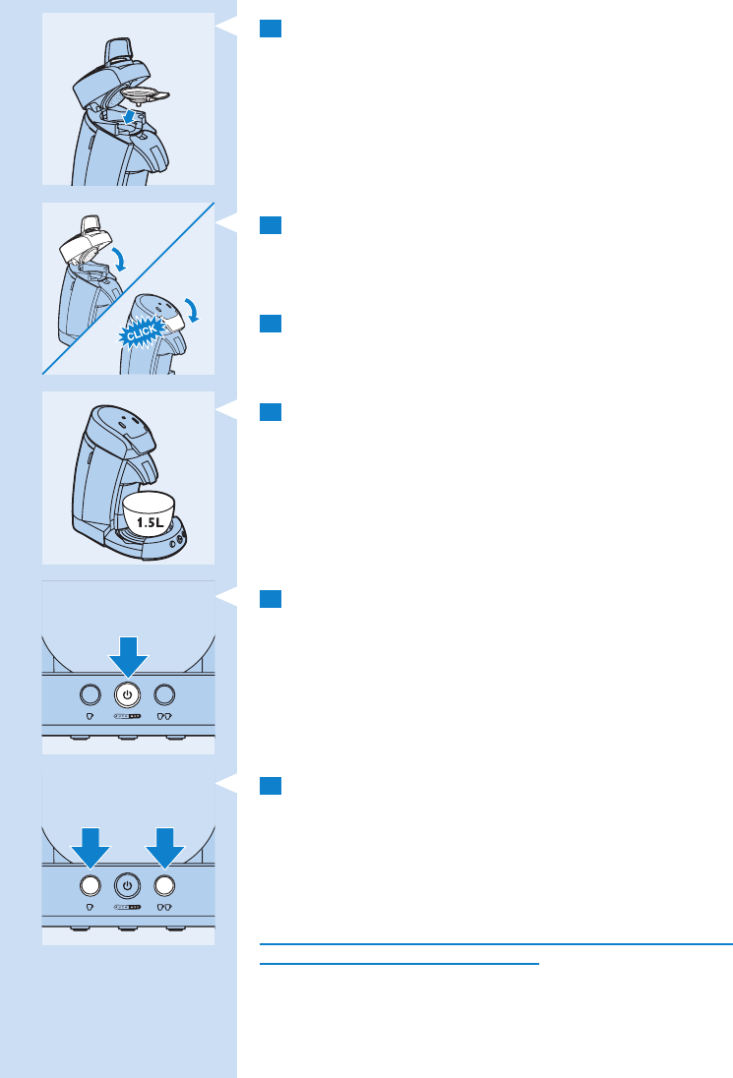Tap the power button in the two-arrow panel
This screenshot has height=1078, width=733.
pyautogui.click(x=127, y=883)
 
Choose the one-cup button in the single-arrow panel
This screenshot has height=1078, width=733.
pyautogui.click(x=90, y=693)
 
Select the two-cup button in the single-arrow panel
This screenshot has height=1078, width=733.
pyautogui.click(x=164, y=693)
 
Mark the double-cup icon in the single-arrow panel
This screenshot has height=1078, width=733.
pyautogui.click(x=164, y=717)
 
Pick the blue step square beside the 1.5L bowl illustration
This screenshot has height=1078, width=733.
pyautogui.click(x=272, y=410)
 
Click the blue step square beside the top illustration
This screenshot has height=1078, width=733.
pyautogui.click(x=272, y=29)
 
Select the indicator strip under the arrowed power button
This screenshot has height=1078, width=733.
pyautogui.click(x=128, y=716)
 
